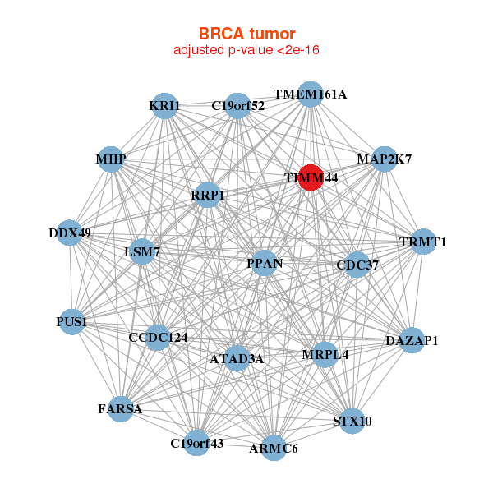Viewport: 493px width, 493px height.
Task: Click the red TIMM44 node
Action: click(310, 177)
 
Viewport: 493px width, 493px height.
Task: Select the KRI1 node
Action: click(164, 106)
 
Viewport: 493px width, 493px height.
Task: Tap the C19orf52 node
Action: click(237, 105)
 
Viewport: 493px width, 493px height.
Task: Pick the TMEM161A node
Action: click(310, 94)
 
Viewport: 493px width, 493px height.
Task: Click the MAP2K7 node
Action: click(384, 159)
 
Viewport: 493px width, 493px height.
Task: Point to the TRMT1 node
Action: click(422, 242)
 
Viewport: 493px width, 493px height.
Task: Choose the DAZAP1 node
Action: click(412, 340)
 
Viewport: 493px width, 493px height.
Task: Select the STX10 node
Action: click(352, 421)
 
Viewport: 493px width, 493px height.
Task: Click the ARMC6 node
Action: click(274, 448)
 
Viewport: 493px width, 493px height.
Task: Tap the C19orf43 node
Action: click(196, 443)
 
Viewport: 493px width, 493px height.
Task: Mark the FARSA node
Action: click(120, 408)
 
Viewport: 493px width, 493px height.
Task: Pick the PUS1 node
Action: click(72, 321)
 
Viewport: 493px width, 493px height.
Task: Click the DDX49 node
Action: click(70, 233)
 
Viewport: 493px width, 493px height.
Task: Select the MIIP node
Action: click(110, 159)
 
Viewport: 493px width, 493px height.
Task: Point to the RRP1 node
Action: click(208, 195)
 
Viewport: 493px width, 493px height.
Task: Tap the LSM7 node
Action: click(141, 251)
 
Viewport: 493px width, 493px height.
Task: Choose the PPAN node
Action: click(265, 263)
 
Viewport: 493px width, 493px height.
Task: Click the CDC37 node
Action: click(356, 265)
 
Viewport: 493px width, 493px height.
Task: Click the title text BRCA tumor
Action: click(246, 34)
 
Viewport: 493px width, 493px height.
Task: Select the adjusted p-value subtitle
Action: click(246, 50)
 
